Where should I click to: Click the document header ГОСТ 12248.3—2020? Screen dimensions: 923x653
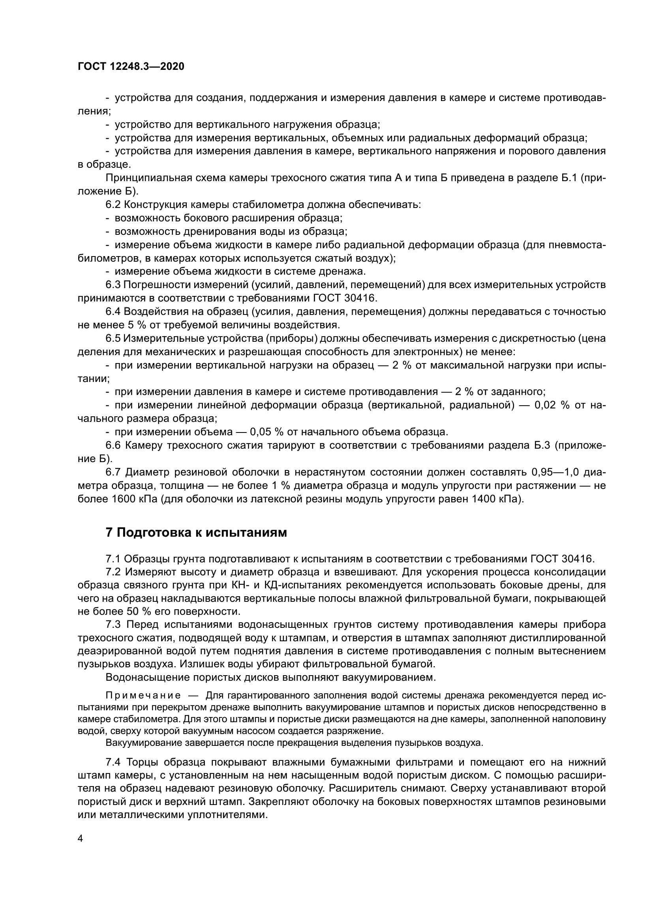pyautogui.click(x=131, y=67)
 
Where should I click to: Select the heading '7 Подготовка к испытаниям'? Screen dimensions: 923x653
pyautogui.click(x=196, y=533)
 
